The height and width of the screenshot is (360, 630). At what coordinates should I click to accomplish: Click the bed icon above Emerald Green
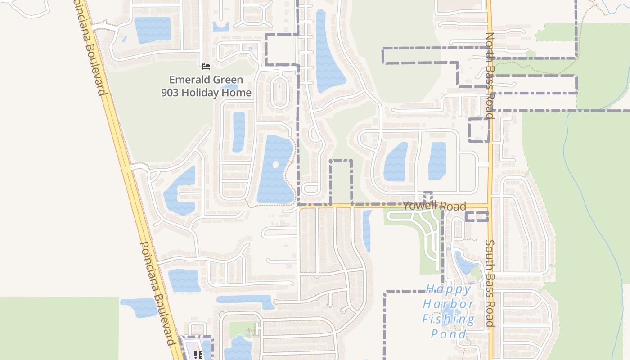tap(206, 67)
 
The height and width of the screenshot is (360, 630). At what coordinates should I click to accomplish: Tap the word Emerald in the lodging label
tap(187, 80)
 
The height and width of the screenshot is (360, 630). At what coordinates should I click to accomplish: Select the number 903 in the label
tap(170, 93)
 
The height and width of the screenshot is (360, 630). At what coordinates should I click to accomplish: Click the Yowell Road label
tap(434, 206)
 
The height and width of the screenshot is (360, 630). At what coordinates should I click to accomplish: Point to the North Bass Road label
tap(490, 76)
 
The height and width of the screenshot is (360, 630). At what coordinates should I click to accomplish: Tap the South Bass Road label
tap(490, 283)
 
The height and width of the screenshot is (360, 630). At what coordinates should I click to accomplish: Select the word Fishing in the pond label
tap(448, 319)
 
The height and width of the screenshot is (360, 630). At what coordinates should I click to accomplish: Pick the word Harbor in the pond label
tap(448, 304)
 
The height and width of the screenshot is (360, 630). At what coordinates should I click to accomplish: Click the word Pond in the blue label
tap(449, 334)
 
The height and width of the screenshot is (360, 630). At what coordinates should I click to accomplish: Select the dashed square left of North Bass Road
tap(479, 130)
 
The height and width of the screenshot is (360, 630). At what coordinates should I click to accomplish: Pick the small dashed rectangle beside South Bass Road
tap(477, 216)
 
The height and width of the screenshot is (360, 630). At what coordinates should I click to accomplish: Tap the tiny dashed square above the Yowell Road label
tap(428, 196)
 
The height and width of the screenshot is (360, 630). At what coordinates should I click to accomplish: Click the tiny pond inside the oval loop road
tap(279, 85)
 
